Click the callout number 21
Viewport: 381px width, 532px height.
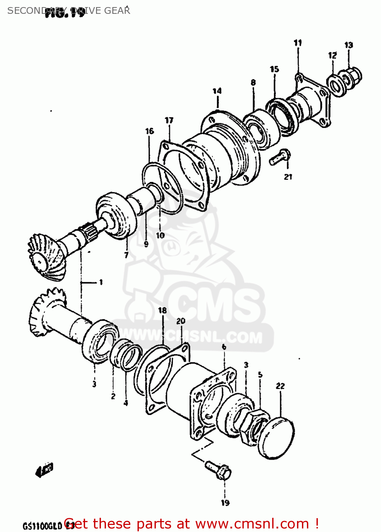288,177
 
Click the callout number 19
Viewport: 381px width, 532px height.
225,503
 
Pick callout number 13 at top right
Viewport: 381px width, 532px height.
348,45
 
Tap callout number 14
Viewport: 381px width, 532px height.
217,91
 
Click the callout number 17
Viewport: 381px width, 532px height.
169,121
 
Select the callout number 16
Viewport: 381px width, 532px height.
150,131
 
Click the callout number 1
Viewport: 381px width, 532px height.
101,282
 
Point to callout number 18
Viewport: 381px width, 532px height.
162,310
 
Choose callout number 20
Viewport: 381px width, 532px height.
181,321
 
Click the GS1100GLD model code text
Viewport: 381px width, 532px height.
43,525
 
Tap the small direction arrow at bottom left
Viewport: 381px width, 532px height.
44,470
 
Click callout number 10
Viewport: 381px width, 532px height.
160,235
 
